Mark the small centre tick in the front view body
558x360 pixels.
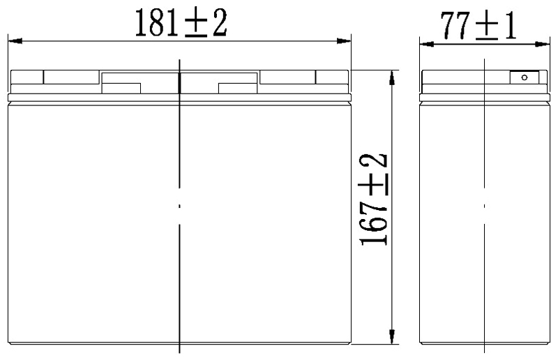point(179,206)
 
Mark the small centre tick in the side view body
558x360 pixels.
point(484,206)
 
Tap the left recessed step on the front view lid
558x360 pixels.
point(121,89)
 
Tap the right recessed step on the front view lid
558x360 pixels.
point(239,89)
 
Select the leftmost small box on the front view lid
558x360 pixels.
point(27,77)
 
